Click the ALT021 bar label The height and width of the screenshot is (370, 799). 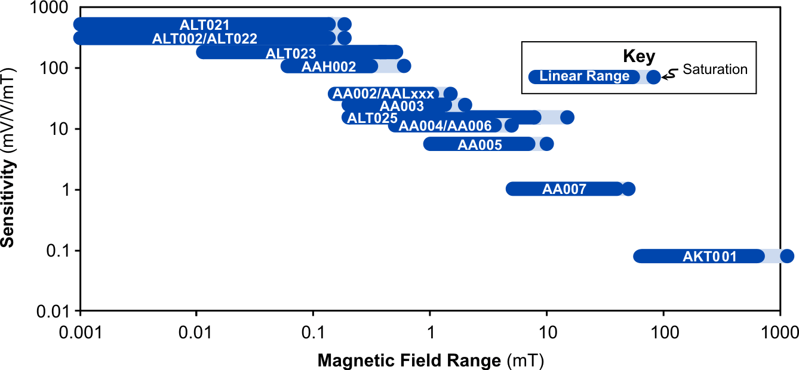click(205, 24)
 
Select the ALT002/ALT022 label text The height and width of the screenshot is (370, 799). click(205, 39)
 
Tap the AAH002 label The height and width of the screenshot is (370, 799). click(328, 67)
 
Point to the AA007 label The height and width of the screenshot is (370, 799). click(564, 189)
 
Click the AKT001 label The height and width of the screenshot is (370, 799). click(709, 257)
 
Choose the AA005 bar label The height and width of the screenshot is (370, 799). click(480, 144)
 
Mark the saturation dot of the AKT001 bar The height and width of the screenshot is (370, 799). click(787, 256)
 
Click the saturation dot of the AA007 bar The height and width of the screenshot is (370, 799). click(628, 189)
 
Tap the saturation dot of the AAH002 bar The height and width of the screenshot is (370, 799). click(404, 66)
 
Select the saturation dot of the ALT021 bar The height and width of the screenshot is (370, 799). click(345, 24)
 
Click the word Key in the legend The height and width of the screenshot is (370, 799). click(639, 57)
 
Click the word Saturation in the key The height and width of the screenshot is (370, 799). click(715, 69)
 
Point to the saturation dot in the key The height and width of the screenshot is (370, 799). click(654, 76)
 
